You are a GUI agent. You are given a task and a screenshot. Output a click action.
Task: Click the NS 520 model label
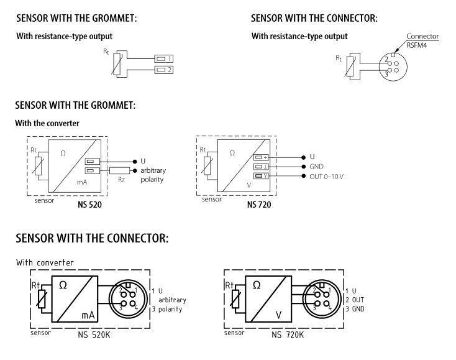pos(87,205)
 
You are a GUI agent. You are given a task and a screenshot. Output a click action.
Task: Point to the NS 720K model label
pos(287,335)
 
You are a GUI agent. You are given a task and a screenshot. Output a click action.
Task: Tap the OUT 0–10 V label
pos(326,177)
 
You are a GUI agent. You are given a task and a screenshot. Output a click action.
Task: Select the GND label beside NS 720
pos(317,167)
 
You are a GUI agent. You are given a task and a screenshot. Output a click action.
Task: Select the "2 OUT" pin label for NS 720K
pos(361,300)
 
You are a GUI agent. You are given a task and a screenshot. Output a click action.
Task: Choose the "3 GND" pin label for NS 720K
pos(361,308)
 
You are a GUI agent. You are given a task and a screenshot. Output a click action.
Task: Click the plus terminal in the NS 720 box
pos(261,157)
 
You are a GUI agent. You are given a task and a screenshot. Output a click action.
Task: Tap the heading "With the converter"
pos(47,123)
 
